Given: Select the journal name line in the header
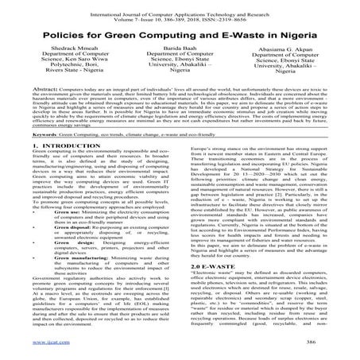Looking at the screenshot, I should [x=180, y=7].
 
